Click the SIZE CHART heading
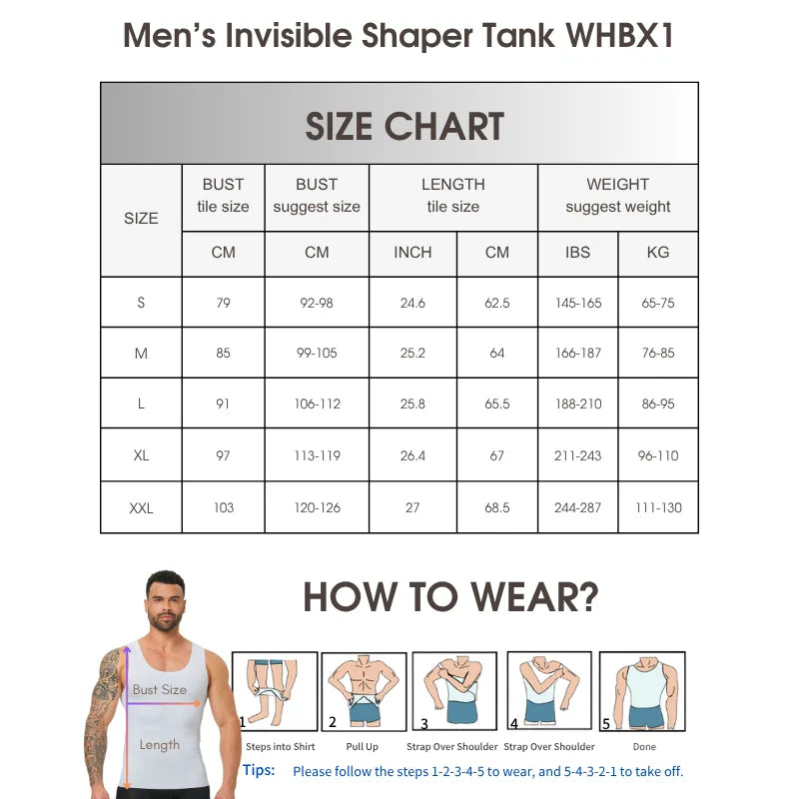coord(403,127)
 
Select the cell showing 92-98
coord(317,303)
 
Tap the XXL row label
coord(141,508)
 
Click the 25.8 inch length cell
coord(412,404)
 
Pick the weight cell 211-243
coord(577,455)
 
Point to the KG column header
coord(658,253)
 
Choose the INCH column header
coord(412,253)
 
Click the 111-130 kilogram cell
coord(658,508)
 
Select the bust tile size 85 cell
coord(223,353)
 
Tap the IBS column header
coord(577,253)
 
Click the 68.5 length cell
coord(497,508)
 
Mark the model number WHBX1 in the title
coord(620,36)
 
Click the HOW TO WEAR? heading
coord(450,597)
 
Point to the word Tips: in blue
coord(259,770)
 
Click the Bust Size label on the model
coord(160,690)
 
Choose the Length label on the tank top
coord(160,745)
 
